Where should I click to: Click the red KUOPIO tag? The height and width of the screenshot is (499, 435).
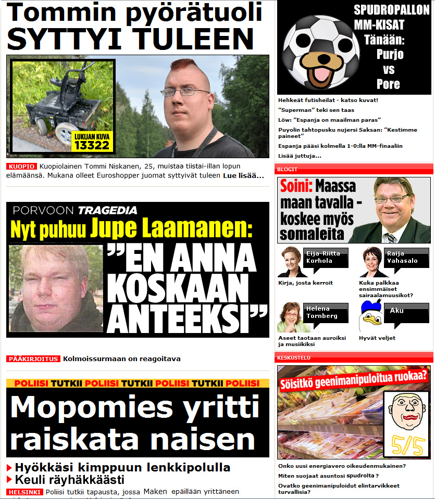click(x=21, y=167)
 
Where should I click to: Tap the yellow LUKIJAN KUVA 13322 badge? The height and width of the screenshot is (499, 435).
click(x=92, y=142)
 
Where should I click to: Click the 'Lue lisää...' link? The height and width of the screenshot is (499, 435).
click(x=243, y=176)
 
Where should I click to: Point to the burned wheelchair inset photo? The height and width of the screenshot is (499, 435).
click(x=63, y=104)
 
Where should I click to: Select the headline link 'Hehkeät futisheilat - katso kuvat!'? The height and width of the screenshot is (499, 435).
click(x=328, y=100)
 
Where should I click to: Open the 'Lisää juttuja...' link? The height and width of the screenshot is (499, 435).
click(x=300, y=156)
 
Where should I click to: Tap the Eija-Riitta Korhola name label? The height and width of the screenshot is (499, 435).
click(x=319, y=258)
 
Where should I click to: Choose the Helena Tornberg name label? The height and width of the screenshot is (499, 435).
click(x=321, y=312)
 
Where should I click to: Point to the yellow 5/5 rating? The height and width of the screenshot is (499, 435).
click(x=406, y=443)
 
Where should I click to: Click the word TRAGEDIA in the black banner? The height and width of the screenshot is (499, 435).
click(x=107, y=211)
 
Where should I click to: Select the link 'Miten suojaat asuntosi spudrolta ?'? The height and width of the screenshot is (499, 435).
click(x=328, y=476)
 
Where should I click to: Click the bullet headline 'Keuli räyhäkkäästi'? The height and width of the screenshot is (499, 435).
click(x=69, y=480)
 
